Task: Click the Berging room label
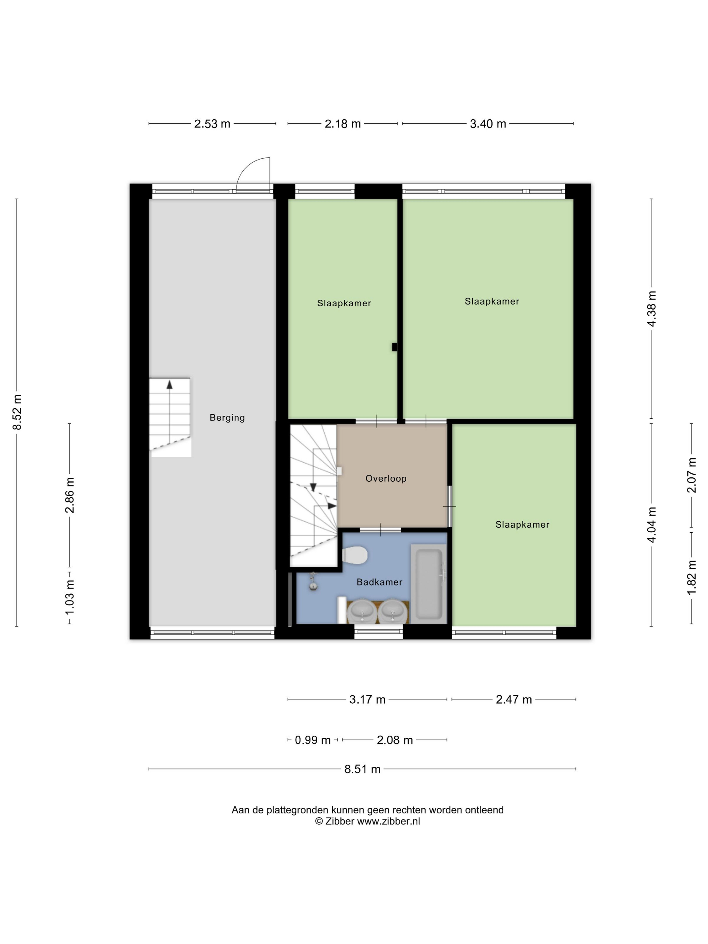click(227, 418)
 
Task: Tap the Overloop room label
click(386, 478)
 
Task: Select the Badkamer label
click(379, 582)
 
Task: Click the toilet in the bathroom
click(355, 555)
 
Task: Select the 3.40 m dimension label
click(488, 124)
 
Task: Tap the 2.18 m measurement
click(343, 124)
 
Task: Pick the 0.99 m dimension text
click(313, 740)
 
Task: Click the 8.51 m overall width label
click(362, 769)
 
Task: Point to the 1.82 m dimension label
click(691, 577)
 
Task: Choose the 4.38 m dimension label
click(651, 308)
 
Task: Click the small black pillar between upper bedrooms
click(394, 347)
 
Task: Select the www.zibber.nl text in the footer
click(388, 821)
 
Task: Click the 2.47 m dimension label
click(514, 700)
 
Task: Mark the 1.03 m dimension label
click(69, 597)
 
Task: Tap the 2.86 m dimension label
click(69, 495)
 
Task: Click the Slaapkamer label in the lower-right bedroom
click(522, 525)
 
